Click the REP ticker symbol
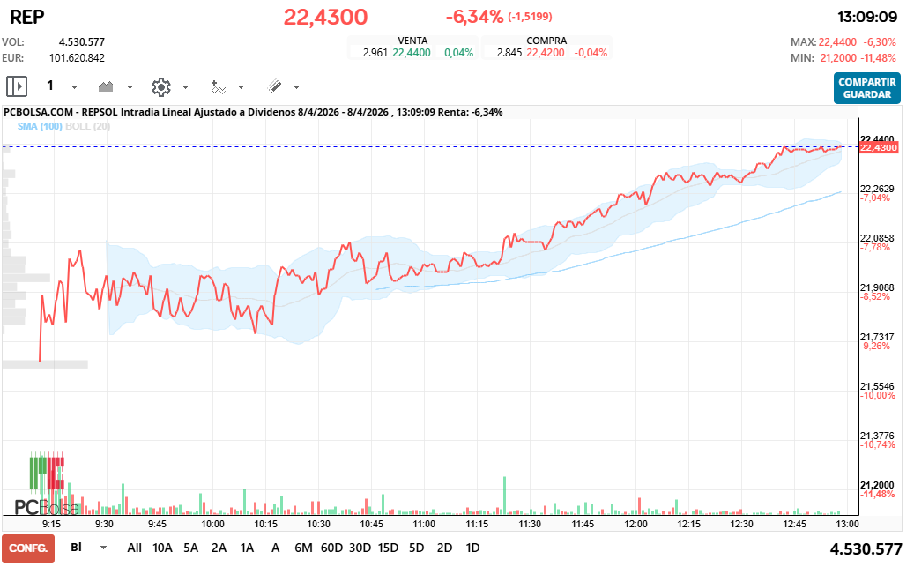[27, 17]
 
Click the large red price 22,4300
[325, 17]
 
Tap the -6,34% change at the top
[474, 17]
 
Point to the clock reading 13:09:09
[866, 17]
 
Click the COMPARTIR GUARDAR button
[866, 88]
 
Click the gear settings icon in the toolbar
[160, 86]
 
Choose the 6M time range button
[303, 548]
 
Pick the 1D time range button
[472, 548]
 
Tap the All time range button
[134, 548]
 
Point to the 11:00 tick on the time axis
[424, 523]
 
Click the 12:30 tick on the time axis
[742, 523]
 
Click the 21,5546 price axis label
[877, 386]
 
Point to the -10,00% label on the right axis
[877, 396]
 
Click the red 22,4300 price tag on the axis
[878, 148]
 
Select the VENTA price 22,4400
[412, 53]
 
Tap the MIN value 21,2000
[839, 57]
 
